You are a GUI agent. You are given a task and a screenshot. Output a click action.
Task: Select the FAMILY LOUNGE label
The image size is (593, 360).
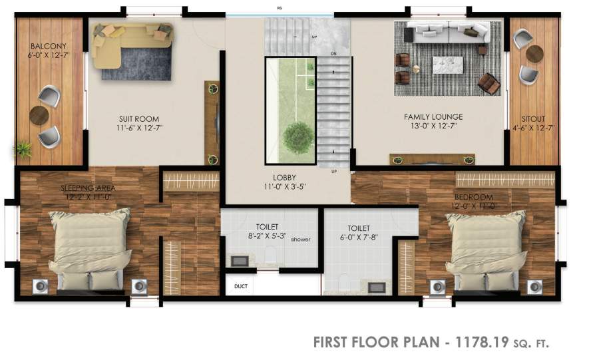pos(433,117)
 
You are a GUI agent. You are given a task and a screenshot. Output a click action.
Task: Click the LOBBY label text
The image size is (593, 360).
pos(289,178)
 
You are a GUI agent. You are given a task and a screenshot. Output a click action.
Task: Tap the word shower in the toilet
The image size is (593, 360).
pos(300,240)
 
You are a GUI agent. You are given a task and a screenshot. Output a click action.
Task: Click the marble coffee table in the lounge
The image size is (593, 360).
pos(447,65)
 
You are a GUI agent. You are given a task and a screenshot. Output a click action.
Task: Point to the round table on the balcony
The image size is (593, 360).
pos(41,115)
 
